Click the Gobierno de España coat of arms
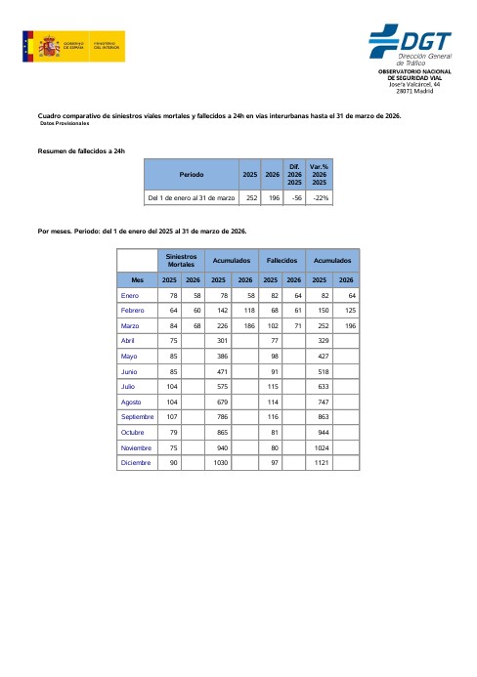pyautogui.click(x=47, y=46)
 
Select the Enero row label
pyautogui.click(x=130, y=295)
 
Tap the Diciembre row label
pyautogui.click(x=136, y=462)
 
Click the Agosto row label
pyautogui.click(x=132, y=402)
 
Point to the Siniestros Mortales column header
pyautogui.click(x=181, y=261)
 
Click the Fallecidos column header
pyautogui.click(x=282, y=261)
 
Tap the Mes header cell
pyautogui.click(x=137, y=279)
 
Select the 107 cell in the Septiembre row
pyautogui.click(x=171, y=416)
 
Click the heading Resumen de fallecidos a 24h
pyautogui.click(x=81, y=150)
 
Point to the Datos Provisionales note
pyautogui.click(x=65, y=124)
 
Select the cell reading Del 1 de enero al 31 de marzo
pyautogui.click(x=192, y=197)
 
